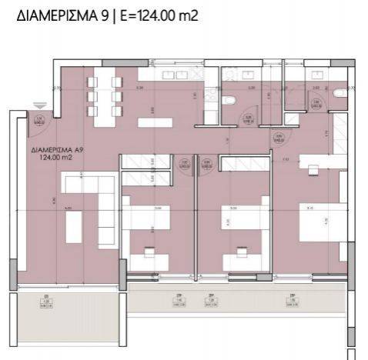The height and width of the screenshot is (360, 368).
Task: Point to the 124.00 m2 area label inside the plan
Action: point(55,158)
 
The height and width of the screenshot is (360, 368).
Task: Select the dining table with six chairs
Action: point(105,99)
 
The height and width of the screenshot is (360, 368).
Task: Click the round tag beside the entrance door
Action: point(40,118)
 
